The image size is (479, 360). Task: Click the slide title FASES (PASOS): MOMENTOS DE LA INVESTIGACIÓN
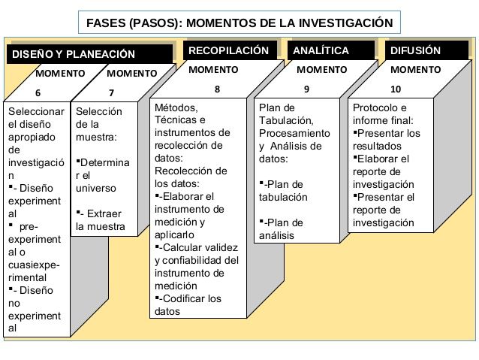tap(239, 22)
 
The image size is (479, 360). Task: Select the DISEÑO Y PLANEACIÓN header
tap(73, 54)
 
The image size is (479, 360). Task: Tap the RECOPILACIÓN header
tap(227, 50)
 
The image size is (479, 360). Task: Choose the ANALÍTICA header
tap(321, 50)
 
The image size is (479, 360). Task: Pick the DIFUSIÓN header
tap(416, 50)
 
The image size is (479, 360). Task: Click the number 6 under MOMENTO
tap(38, 93)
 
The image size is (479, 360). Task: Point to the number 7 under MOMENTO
tap(111, 93)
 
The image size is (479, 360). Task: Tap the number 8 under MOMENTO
tap(217, 89)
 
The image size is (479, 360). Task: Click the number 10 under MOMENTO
tap(396, 89)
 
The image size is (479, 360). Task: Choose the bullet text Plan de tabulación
tap(285, 191)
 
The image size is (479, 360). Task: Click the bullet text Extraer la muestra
tap(101, 219)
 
